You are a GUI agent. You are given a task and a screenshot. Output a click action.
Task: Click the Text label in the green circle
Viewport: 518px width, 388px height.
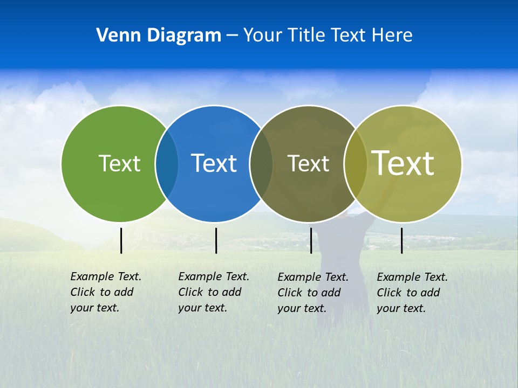pos(119,163)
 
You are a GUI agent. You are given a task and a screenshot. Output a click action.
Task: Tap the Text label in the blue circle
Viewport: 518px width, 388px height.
pos(214,163)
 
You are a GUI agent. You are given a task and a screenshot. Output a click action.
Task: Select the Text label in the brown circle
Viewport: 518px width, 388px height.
pos(308,163)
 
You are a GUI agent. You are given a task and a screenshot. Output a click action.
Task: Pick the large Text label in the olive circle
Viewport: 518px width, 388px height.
pos(403,163)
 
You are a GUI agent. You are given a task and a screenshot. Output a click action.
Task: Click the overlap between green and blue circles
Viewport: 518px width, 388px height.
pos(167,163)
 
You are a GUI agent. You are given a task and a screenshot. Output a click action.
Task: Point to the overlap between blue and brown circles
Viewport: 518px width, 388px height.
pos(261,163)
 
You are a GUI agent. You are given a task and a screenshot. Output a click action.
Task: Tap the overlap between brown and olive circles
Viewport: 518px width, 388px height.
pos(355,163)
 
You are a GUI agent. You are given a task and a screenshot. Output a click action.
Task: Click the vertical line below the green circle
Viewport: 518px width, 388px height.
pos(121,240)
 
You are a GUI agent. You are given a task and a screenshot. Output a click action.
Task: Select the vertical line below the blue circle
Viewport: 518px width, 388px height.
pos(216,240)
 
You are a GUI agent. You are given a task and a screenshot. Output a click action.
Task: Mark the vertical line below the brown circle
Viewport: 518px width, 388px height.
pos(311,240)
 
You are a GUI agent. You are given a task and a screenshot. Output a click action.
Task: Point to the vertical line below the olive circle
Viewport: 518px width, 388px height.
pos(401,240)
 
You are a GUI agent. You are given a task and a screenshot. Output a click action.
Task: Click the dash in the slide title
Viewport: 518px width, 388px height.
pos(232,36)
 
